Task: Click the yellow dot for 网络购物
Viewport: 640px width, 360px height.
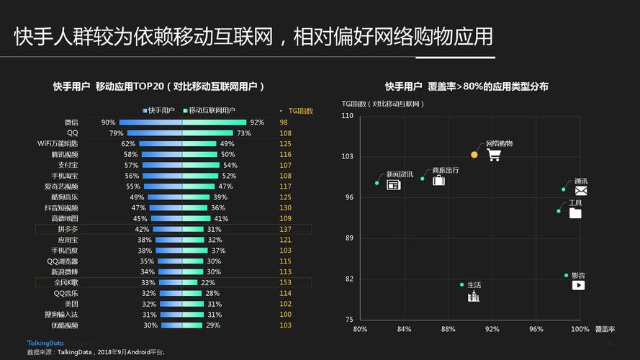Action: click(474, 155)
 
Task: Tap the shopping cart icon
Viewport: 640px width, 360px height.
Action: click(494, 154)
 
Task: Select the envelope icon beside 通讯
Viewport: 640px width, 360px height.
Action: click(581, 191)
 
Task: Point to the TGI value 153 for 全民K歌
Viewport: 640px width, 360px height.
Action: click(286, 282)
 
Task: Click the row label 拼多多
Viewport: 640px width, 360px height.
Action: click(68, 229)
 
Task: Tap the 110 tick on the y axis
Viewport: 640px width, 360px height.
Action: click(348, 115)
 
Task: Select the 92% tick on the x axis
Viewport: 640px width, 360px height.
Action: click(492, 329)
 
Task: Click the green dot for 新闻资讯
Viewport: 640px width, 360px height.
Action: click(377, 183)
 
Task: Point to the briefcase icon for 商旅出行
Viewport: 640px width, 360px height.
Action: click(438, 180)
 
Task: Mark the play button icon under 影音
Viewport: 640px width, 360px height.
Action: click(578, 285)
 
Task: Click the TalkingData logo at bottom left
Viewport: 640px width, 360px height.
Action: click(45, 343)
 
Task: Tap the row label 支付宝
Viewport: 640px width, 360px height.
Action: click(70, 165)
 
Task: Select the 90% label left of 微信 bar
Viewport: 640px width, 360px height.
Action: click(108, 122)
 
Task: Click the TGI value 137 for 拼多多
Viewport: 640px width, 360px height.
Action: click(286, 229)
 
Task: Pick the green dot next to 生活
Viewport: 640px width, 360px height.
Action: click(462, 284)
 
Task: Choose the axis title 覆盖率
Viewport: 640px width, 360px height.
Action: click(605, 329)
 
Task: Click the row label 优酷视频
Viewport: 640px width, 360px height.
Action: click(65, 325)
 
